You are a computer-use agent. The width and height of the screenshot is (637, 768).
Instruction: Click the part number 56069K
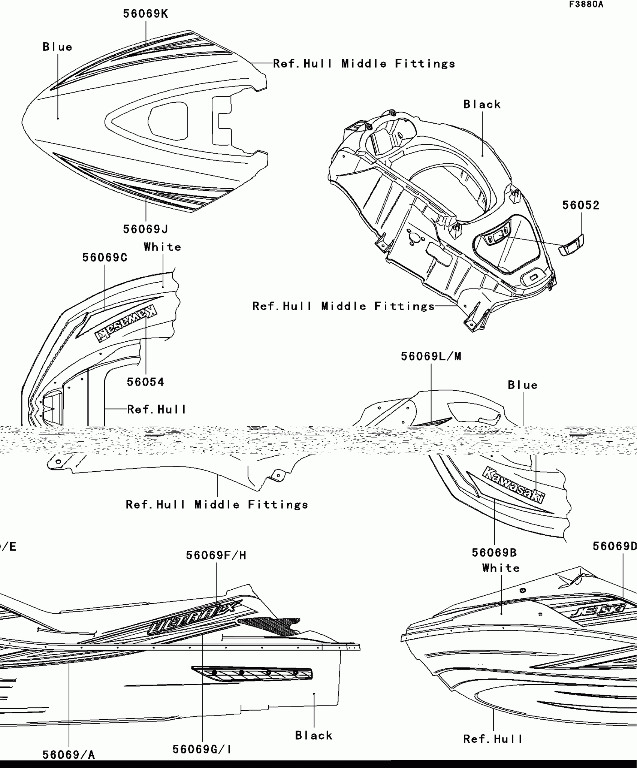[145, 14]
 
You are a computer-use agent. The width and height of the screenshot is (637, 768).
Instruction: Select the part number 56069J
[145, 229]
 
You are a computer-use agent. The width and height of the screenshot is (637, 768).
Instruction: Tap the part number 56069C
[105, 258]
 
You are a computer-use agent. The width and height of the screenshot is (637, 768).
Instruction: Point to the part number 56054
[145, 382]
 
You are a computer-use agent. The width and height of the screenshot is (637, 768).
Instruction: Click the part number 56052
[581, 205]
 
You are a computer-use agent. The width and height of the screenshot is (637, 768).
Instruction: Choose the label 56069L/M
[431, 356]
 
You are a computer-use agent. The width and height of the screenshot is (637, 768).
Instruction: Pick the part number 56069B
[494, 553]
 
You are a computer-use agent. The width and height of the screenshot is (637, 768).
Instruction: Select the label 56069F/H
[216, 556]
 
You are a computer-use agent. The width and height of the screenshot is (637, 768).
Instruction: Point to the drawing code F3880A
[586, 4]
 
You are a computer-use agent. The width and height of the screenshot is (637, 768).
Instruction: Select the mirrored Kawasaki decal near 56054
[126, 323]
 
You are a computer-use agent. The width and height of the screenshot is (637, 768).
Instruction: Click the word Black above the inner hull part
[482, 105]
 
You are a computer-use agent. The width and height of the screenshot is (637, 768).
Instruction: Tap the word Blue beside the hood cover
[57, 47]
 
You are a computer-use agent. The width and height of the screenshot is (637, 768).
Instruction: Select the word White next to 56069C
[162, 247]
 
